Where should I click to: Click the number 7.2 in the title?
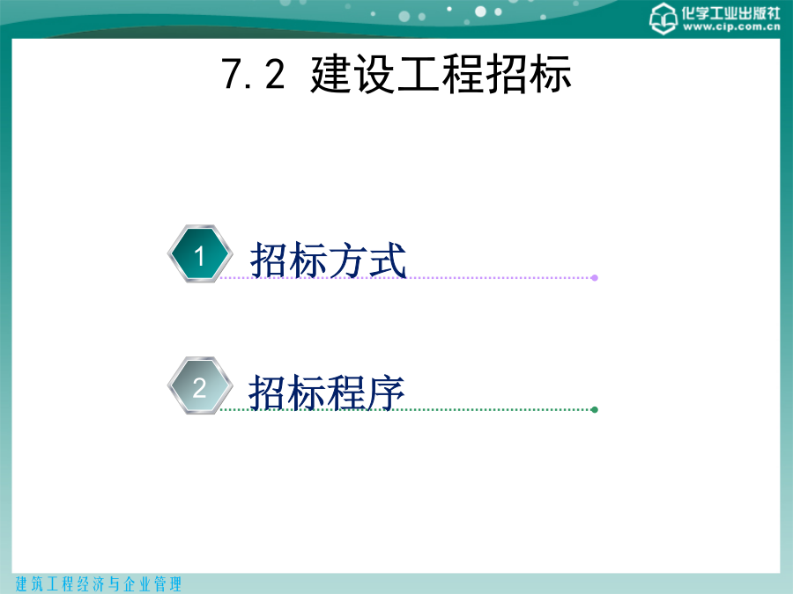coord(253,74)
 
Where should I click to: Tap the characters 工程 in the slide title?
coord(440,74)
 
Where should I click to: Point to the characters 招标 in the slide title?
coord(528,74)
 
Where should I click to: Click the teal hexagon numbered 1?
coord(200,253)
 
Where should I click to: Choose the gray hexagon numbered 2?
coord(200,386)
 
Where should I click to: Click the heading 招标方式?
coord(329,260)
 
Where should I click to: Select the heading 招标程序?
coord(326,392)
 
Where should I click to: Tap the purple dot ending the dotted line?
coord(595,278)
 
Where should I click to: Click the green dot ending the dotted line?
coord(595,409)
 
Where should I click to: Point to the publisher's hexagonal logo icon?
coord(663,18)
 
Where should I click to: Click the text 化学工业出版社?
coord(730,12)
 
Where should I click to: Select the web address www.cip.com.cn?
coord(731,26)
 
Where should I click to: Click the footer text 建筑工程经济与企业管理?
coord(99,584)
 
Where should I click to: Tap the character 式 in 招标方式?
coord(388,260)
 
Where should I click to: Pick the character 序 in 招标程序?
coord(385,392)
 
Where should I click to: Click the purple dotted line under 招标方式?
coord(407,277)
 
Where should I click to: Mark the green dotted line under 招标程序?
coord(407,409)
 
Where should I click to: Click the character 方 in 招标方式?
coord(348,260)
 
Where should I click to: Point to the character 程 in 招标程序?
coord(346,392)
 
